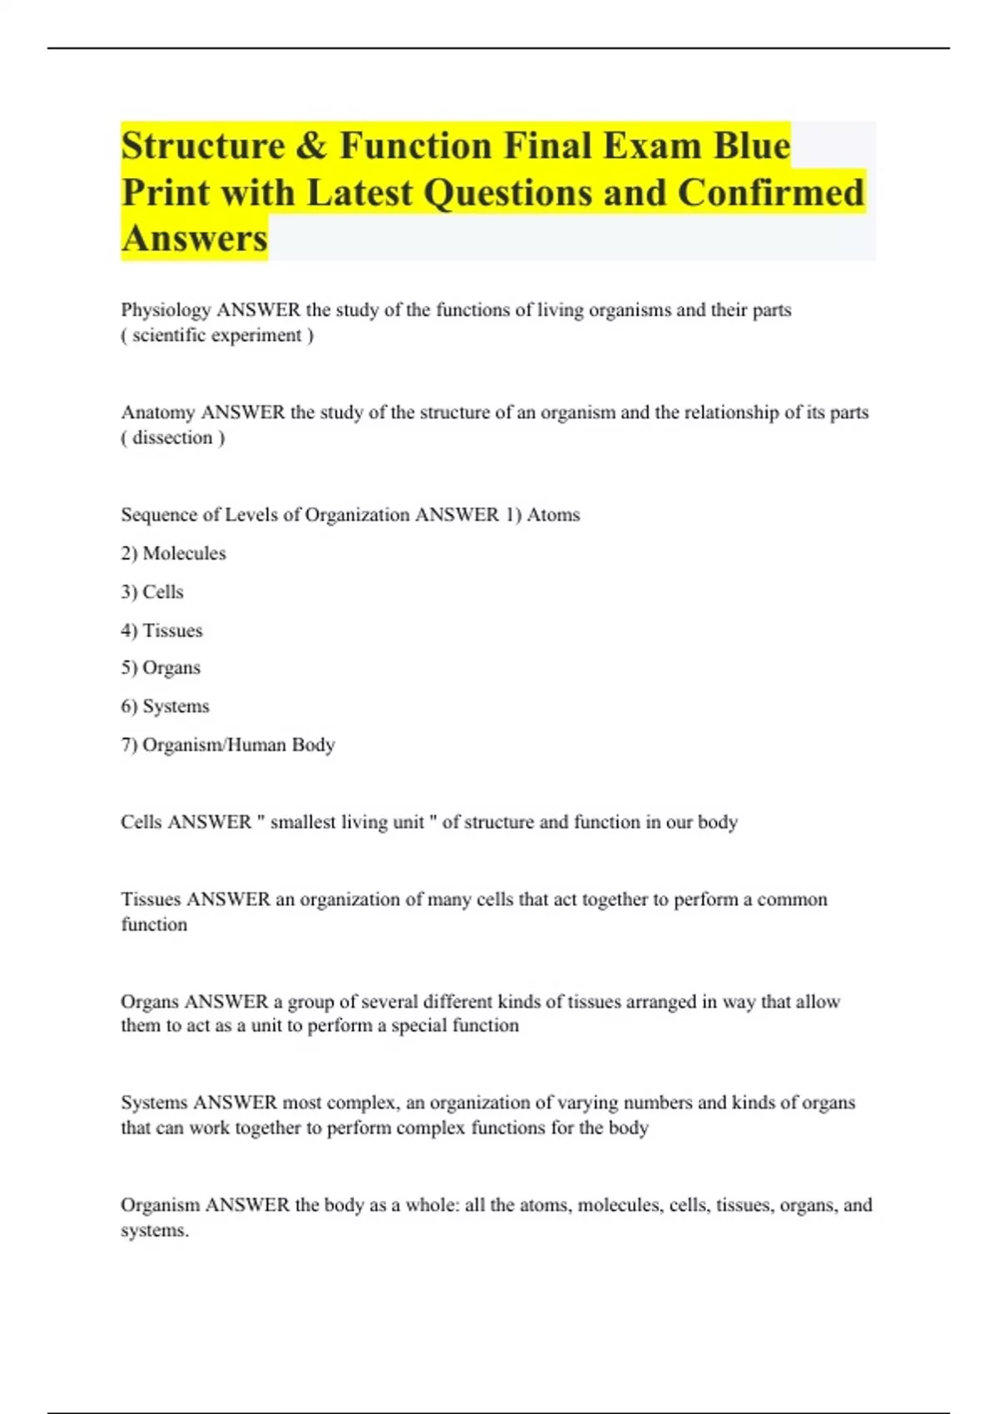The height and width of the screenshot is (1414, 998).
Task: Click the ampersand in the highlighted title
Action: (x=310, y=146)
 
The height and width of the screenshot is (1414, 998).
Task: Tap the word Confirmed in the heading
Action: (x=771, y=193)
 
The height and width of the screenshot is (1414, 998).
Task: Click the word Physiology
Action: (x=166, y=310)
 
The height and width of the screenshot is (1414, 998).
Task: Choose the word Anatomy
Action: (x=157, y=413)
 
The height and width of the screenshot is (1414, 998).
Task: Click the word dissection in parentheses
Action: (x=173, y=438)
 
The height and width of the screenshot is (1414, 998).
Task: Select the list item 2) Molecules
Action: (x=173, y=553)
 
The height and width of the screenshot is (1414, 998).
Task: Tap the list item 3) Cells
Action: (x=152, y=592)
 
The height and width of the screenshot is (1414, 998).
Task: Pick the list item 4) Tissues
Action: (x=161, y=630)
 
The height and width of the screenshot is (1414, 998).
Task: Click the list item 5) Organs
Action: (x=161, y=668)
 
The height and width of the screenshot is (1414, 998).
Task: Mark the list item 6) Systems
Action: (x=165, y=706)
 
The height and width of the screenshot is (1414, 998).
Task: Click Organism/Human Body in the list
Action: (x=238, y=744)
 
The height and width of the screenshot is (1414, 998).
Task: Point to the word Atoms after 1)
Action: (x=553, y=515)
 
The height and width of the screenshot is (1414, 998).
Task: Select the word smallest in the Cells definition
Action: (x=304, y=823)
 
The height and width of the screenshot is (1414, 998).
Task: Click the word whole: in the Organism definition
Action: (x=432, y=1205)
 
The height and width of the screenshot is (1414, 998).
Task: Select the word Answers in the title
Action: (x=195, y=239)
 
